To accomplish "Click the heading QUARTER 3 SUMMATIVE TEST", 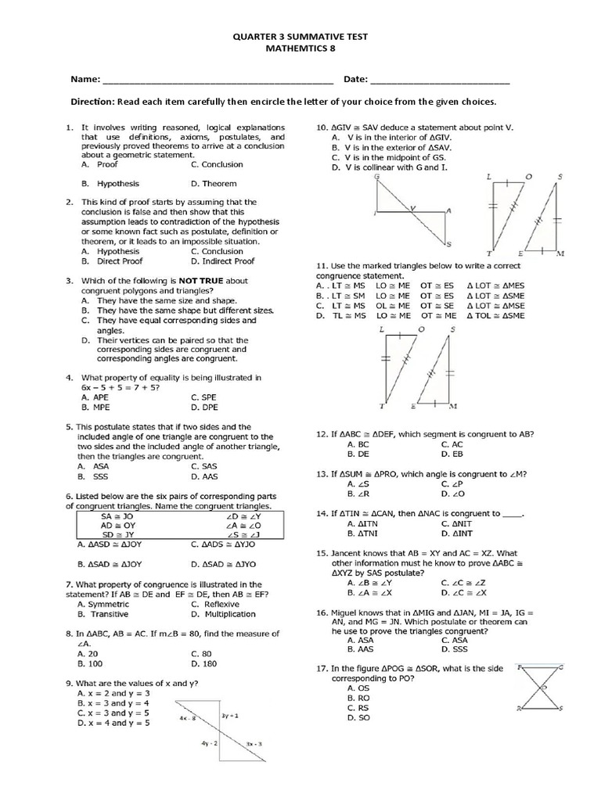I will (301, 37).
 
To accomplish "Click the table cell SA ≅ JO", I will (117, 517).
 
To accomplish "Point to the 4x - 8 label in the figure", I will (187, 718).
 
